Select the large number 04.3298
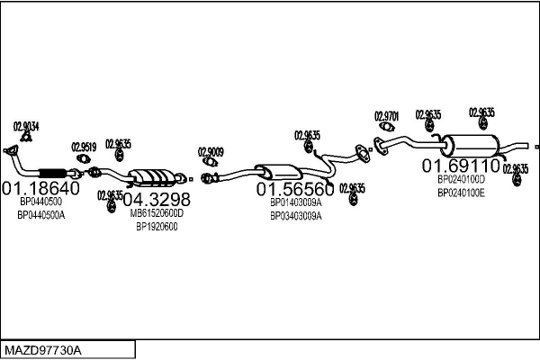tap(157, 198)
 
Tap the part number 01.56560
tap(295, 189)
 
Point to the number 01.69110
tap(462, 166)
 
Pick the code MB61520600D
tap(157, 213)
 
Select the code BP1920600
tap(157, 227)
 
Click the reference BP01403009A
tap(295, 203)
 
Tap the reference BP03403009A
tap(295, 216)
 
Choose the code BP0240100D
tap(461, 180)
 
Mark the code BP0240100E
tap(461, 193)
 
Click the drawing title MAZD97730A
tap(43, 349)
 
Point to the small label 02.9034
tap(26, 126)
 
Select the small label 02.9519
tap(84, 147)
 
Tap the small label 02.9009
tap(211, 151)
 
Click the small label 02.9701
tap(386, 116)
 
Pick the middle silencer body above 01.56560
tap(277, 170)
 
